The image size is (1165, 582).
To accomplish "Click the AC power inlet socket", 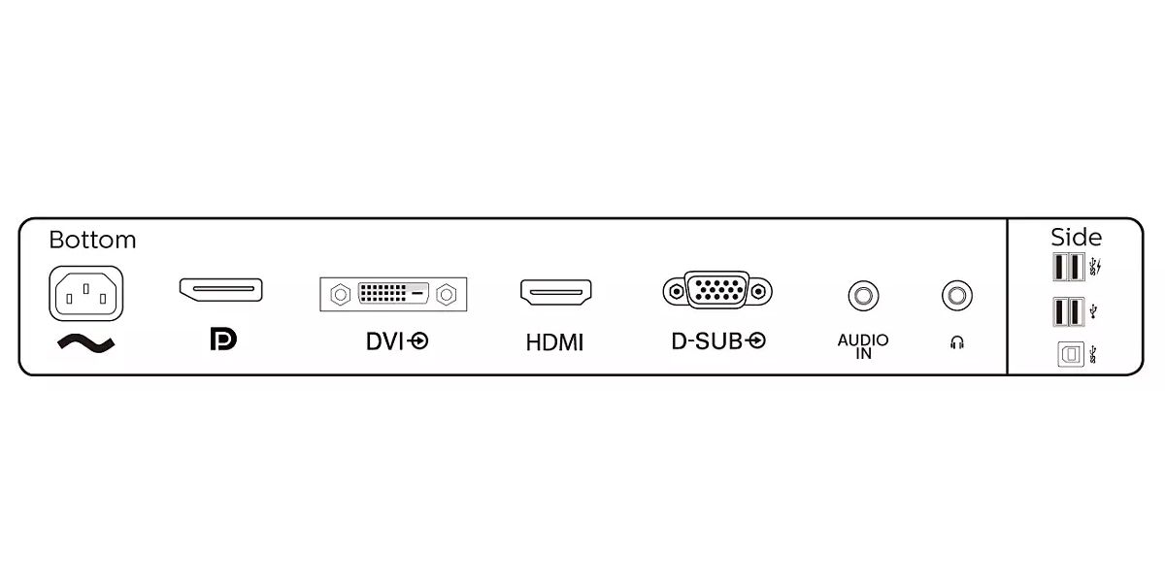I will pyautogui.click(x=85, y=292).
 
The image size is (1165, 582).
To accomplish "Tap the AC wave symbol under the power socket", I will pyautogui.click(x=85, y=342).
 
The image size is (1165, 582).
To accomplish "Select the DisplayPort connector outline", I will pyautogui.click(x=220, y=289).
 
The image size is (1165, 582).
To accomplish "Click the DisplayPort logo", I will pyautogui.click(x=222, y=339).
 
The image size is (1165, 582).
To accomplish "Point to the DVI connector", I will pyautogui.click(x=393, y=293).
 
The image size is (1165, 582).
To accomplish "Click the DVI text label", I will pyautogui.click(x=384, y=341).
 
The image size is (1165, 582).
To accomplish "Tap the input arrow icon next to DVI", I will pyautogui.click(x=418, y=341).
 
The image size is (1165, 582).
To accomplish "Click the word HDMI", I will pyautogui.click(x=554, y=342).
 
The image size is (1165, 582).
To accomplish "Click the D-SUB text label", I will pyautogui.click(x=707, y=340).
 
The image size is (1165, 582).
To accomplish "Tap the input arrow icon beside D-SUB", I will pyautogui.click(x=756, y=340).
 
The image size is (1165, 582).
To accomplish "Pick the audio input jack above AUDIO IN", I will pyautogui.click(x=862, y=294).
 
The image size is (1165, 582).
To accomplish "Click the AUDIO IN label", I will pyautogui.click(x=863, y=346).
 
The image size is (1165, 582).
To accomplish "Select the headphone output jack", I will pyautogui.click(x=957, y=294).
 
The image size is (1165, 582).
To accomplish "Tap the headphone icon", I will pyautogui.click(x=957, y=342).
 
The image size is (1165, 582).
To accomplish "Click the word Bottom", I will pyautogui.click(x=92, y=240).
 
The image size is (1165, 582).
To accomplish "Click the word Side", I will pyautogui.click(x=1076, y=238).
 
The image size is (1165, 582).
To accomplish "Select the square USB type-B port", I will pyautogui.click(x=1070, y=356).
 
